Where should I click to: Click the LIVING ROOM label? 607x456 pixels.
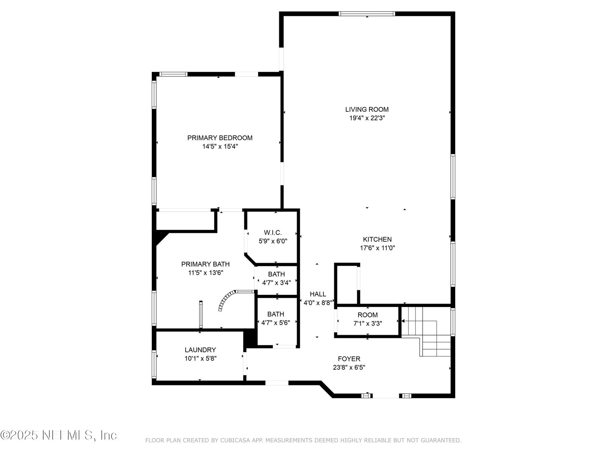(x=367, y=109)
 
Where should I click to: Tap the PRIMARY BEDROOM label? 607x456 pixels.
(x=220, y=138)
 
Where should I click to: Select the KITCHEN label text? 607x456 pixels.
(x=377, y=239)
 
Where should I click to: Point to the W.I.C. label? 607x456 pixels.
(x=273, y=233)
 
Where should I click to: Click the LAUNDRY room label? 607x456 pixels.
(x=200, y=350)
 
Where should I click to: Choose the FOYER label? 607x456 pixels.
(x=349, y=359)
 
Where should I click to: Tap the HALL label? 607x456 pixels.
(x=318, y=294)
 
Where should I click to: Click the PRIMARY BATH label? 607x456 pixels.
(x=206, y=264)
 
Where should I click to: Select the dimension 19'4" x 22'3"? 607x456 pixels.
(x=367, y=118)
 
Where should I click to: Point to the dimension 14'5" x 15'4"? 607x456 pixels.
(x=220, y=146)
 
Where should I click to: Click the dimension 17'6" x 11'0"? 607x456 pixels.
(x=377, y=248)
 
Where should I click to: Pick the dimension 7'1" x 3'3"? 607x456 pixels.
(x=368, y=323)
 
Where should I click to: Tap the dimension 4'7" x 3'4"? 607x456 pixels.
(x=276, y=283)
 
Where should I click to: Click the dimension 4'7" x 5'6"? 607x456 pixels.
(x=275, y=323)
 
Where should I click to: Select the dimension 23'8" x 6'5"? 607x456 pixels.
(x=349, y=367)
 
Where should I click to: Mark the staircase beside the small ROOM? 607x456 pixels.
(x=426, y=331)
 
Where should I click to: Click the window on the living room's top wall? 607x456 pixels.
(x=367, y=14)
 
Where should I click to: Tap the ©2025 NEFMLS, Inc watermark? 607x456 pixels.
(x=58, y=435)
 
